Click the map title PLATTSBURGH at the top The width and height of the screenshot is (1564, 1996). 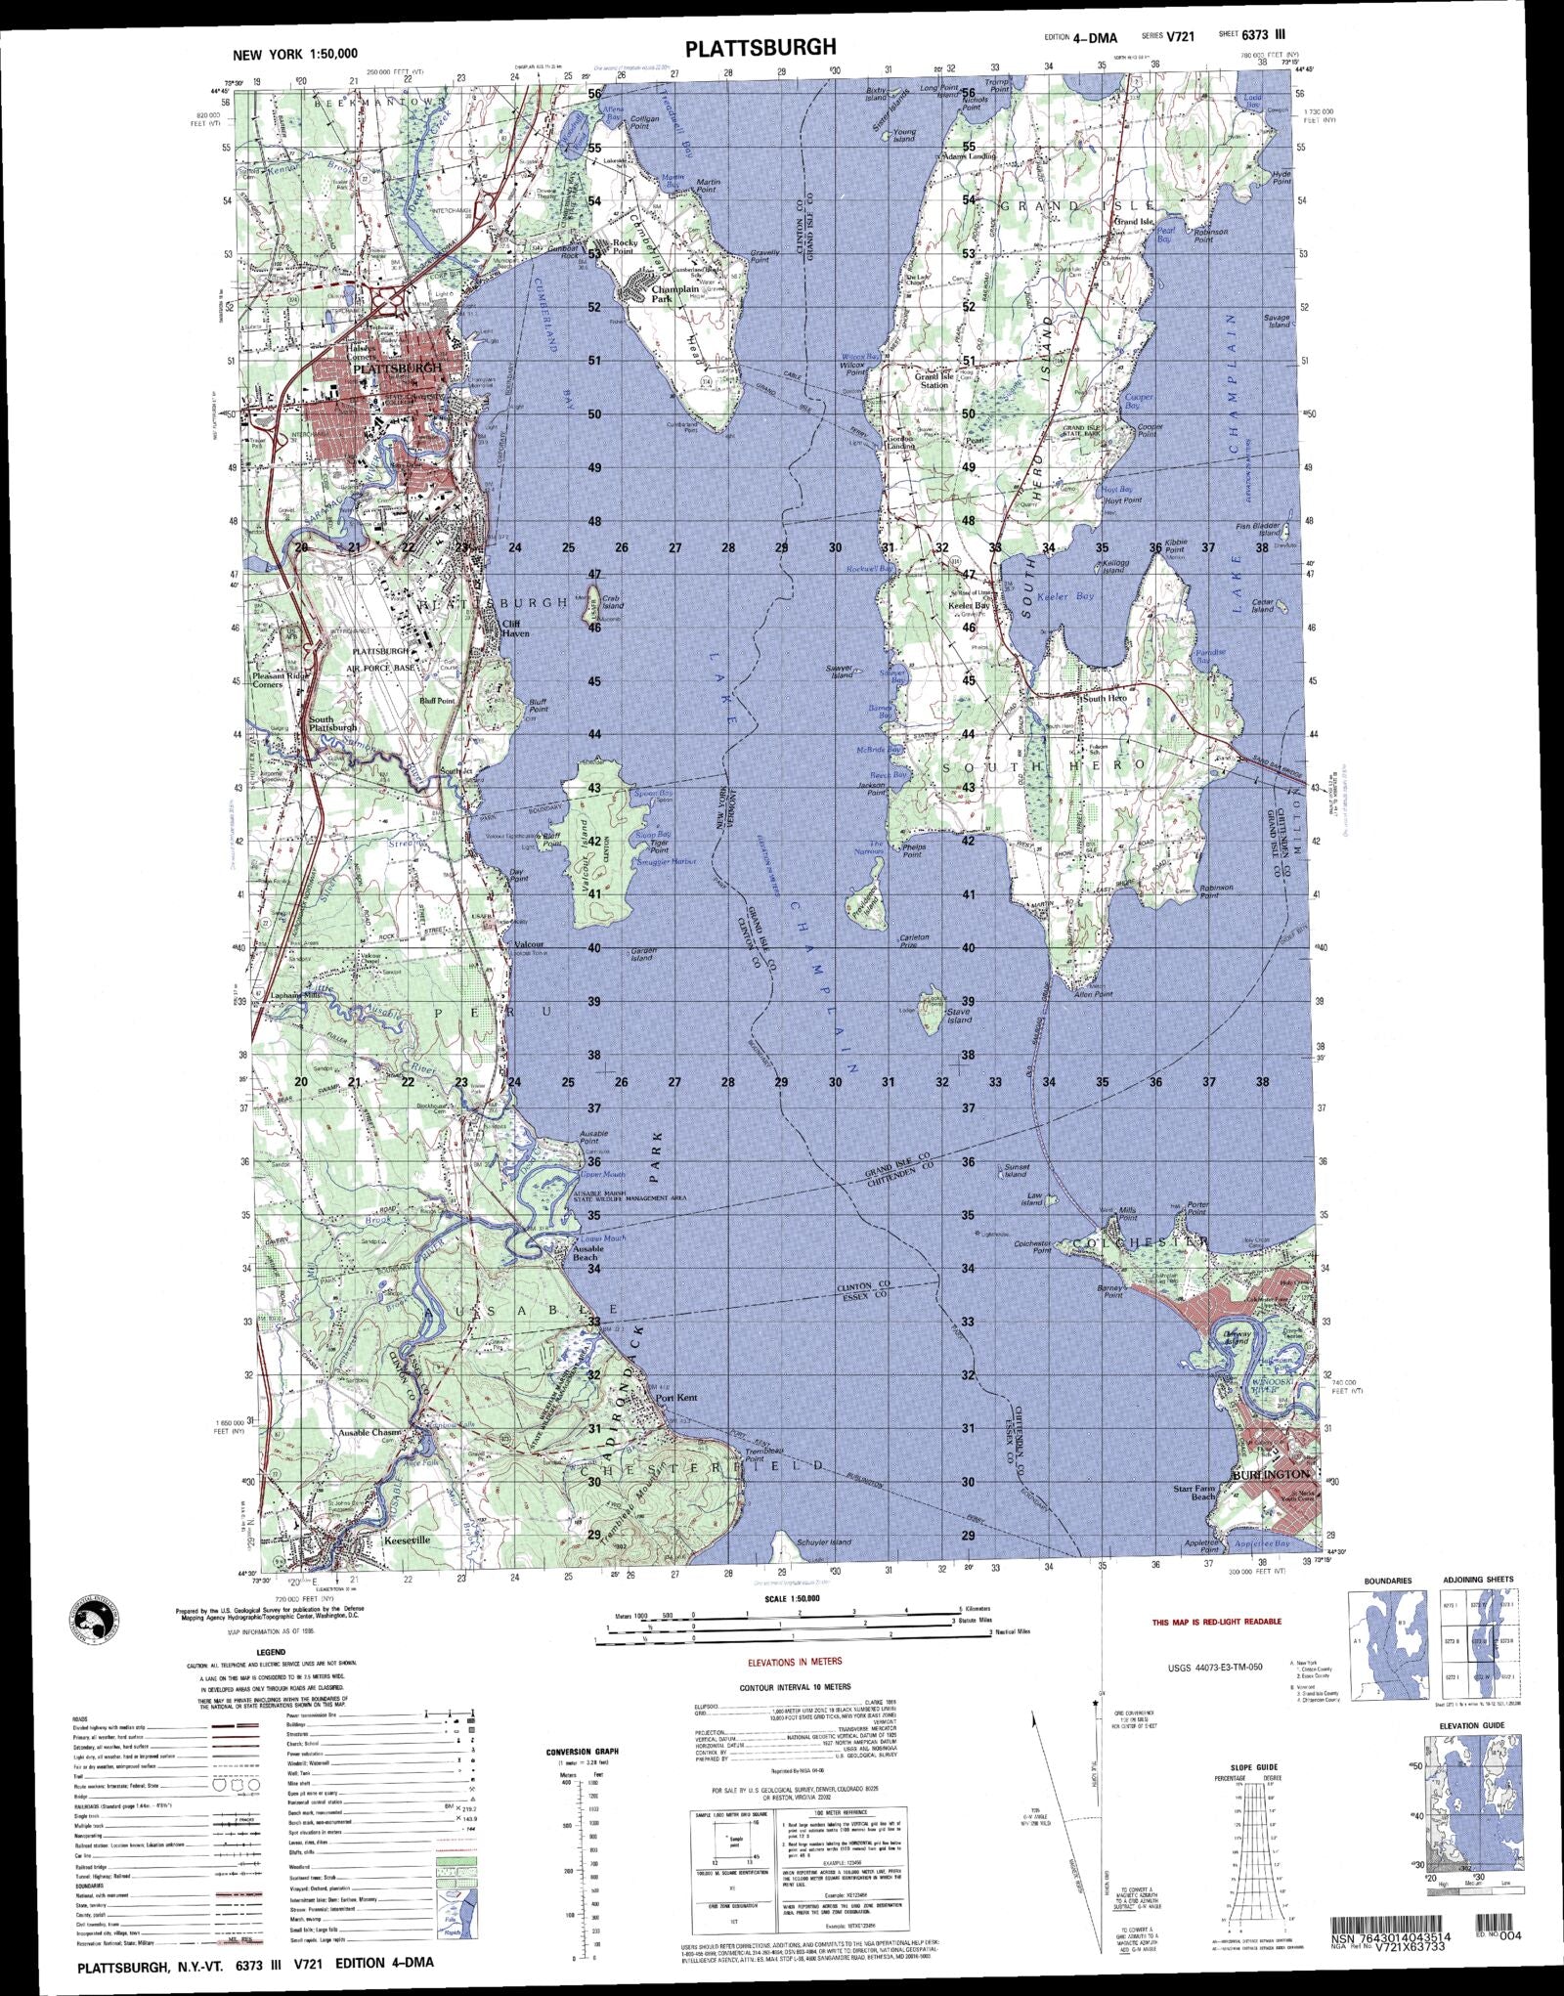coord(760,48)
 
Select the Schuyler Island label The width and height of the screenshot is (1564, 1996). coord(825,1542)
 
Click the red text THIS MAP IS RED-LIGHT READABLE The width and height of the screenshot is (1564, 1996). coord(1216,1622)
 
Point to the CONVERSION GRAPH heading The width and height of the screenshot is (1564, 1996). coord(582,1752)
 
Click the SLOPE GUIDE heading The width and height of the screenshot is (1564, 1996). coord(1255,1767)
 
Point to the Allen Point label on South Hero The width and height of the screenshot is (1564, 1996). coord(1093,994)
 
